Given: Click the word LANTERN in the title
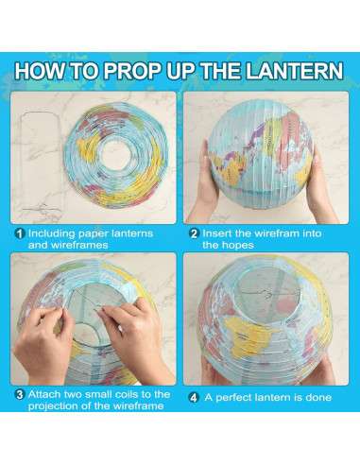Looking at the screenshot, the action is coord(294,71).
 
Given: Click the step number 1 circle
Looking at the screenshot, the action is coord(20,233).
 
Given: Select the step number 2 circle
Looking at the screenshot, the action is coord(194,233).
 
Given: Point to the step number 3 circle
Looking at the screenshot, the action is coord(20,395).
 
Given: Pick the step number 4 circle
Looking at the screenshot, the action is coord(194,398).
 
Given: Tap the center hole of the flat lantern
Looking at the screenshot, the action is coord(116,155).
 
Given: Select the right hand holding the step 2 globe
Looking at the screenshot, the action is coord(320,186).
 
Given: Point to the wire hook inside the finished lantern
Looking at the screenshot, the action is coord(266,295).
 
